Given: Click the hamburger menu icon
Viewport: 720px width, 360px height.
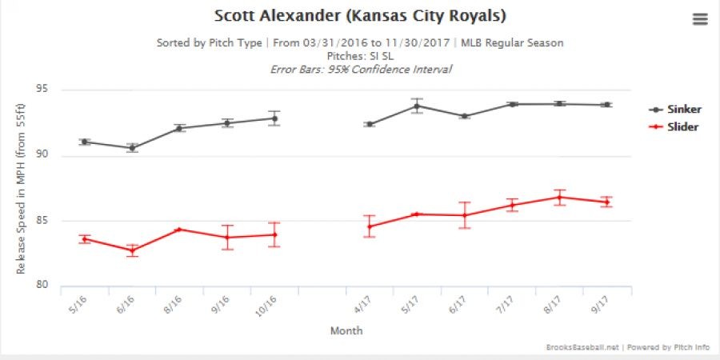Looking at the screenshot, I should pyautogui.click(x=700, y=19).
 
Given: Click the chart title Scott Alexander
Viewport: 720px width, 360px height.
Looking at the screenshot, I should pyautogui.click(x=360, y=16).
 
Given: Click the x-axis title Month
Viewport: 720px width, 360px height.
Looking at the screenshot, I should pyautogui.click(x=346, y=330).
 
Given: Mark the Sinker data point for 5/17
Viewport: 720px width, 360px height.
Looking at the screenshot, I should pyautogui.click(x=417, y=106).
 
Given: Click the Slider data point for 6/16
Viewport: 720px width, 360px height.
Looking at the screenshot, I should pyautogui.click(x=132, y=250).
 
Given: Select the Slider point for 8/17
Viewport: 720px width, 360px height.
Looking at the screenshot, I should pyautogui.click(x=559, y=198).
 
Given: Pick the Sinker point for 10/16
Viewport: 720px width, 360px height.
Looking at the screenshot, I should pyautogui.click(x=274, y=118).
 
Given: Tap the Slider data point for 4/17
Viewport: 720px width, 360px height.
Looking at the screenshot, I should pyautogui.click(x=370, y=226).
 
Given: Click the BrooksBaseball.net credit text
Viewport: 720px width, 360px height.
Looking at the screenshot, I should pyautogui.click(x=573, y=347).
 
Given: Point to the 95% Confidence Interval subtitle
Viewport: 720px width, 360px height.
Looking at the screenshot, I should pyautogui.click(x=362, y=70).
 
